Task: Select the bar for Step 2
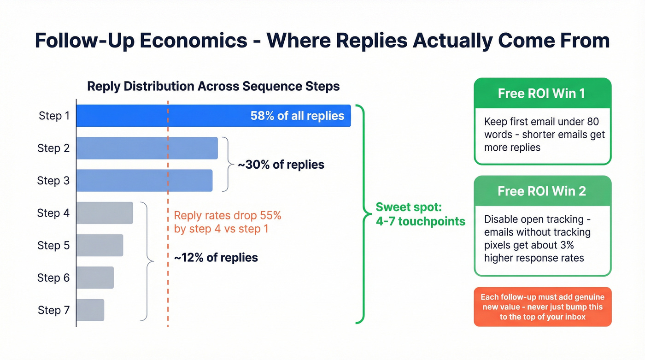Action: click(147, 148)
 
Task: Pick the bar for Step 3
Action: click(144, 180)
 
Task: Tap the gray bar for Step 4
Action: click(105, 213)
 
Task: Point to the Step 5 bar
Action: click(100, 245)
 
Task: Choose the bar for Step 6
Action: click(95, 277)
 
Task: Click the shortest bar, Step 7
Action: click(90, 310)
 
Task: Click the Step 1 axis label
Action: click(54, 116)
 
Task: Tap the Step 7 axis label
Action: click(54, 310)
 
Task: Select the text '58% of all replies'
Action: click(297, 116)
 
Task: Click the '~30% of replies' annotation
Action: click(281, 165)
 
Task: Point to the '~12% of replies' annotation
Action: click(216, 257)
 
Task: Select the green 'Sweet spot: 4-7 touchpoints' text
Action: click(420, 214)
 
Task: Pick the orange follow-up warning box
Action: click(542, 307)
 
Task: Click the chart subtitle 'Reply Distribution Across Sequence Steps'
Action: click(213, 86)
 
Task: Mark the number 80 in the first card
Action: click(592, 122)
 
